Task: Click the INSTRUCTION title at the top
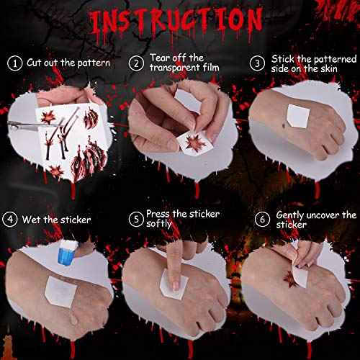tap(180, 22)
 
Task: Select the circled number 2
tap(136, 63)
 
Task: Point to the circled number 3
tap(258, 63)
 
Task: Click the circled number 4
tap(11, 218)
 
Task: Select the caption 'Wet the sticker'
tap(55, 218)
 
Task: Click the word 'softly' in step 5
tap(161, 223)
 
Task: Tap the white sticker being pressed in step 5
tap(175, 286)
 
